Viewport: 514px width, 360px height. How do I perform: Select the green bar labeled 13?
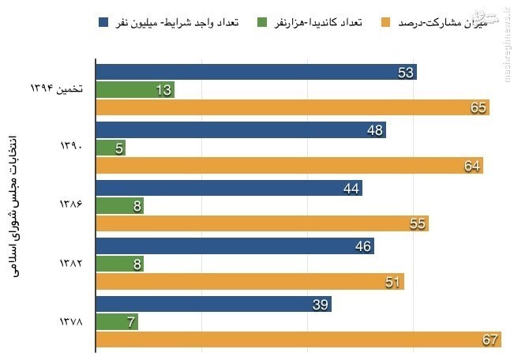point(134,90)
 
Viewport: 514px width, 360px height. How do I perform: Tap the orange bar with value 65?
point(292,107)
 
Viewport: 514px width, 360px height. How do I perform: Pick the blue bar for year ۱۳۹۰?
point(241,130)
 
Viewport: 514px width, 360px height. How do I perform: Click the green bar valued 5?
point(111,148)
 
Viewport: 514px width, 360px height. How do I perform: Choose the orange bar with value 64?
point(289,165)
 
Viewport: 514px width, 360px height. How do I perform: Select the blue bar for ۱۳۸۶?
point(229,188)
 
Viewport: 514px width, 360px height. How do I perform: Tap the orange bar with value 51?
point(249,281)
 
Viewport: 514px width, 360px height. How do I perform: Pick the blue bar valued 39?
point(213,304)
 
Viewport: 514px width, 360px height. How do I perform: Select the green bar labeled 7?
point(118,322)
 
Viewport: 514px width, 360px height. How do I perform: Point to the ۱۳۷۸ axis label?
point(72,321)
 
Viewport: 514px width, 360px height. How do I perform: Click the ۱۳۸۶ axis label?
point(72,205)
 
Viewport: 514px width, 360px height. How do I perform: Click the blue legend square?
point(103,21)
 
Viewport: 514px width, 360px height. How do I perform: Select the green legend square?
point(262,21)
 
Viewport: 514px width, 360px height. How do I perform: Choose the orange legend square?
point(385,21)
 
